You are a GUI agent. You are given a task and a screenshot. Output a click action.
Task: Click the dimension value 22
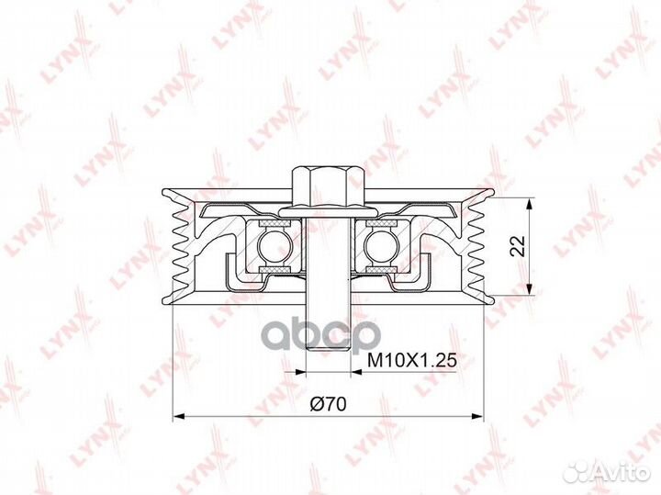click(x=518, y=246)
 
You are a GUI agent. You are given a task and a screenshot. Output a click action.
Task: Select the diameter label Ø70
click(x=328, y=404)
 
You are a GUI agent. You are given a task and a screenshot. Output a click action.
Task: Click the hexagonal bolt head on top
click(x=328, y=186)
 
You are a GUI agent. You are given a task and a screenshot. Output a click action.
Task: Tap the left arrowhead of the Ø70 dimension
click(x=180, y=417)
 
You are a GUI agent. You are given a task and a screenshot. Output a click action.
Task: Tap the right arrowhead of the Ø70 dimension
click(x=477, y=417)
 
